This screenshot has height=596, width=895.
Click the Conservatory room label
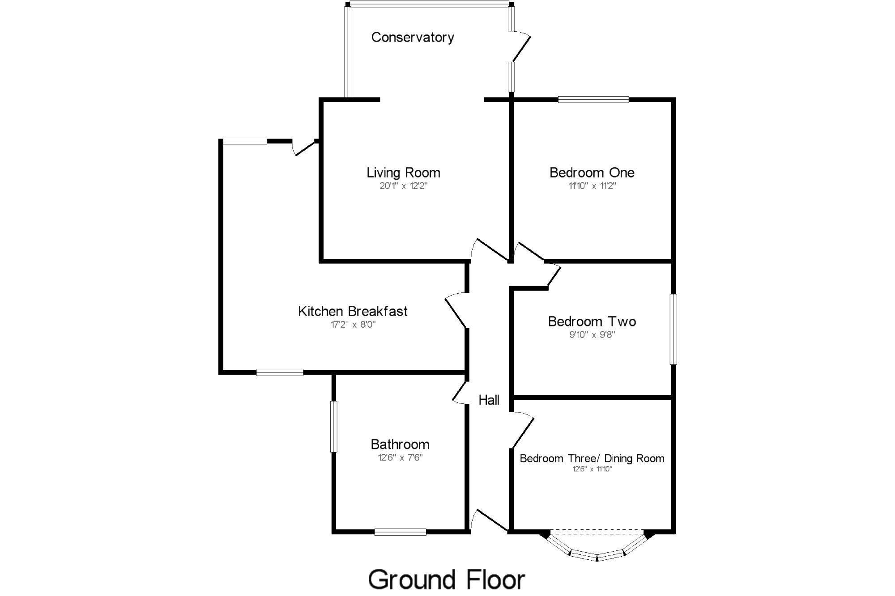coord(413,37)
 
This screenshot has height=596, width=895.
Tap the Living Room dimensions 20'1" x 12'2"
coord(404,186)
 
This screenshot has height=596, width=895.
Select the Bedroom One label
coord(592,173)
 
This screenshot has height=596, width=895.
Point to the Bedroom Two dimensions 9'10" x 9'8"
coord(592,334)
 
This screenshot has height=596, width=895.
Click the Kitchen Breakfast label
coord(353,311)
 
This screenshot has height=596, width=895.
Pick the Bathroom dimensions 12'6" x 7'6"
coord(400,457)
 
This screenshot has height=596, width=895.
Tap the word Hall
coord(489,400)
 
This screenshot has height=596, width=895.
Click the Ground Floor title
coord(446,580)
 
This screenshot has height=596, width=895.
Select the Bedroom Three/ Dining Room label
coord(592,458)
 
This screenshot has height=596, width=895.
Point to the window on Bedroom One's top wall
coord(593,100)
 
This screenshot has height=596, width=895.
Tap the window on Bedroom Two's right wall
coord(673,329)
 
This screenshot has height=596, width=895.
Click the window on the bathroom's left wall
coord(334,427)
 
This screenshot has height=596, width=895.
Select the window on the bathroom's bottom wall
coord(400,532)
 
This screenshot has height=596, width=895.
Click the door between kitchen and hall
coord(456,311)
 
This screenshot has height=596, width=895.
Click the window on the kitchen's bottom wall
coord(280,372)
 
